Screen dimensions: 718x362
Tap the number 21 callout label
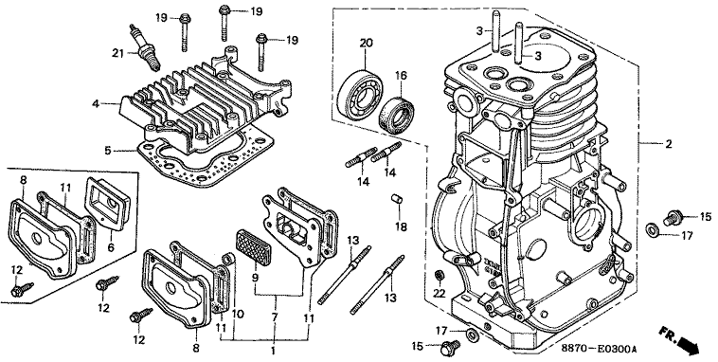118,54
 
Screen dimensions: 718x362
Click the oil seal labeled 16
396,112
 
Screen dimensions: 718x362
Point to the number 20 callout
366,43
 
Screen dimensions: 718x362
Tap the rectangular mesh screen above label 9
254,246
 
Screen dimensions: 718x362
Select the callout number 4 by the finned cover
96,104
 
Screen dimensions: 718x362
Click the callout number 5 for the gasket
108,150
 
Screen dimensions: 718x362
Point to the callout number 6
111,247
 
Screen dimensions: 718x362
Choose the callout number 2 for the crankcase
669,144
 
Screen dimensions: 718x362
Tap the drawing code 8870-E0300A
599,349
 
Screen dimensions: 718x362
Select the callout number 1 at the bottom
273,352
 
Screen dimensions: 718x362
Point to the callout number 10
238,315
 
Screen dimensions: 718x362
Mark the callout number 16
401,76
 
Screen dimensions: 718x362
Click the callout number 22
439,294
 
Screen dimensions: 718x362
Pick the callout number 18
401,226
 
